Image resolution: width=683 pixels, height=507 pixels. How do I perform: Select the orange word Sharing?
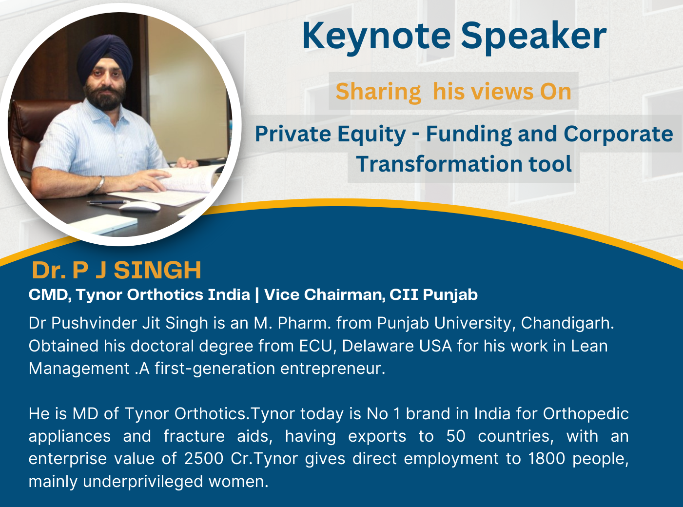pos(378,92)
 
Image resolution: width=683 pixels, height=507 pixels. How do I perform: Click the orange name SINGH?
pos(157,271)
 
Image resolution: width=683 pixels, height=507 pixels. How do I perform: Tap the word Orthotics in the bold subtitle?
pos(189,294)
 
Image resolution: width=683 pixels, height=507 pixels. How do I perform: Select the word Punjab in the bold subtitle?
pos(450,295)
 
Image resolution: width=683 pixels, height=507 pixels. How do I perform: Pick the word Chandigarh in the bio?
pos(567,324)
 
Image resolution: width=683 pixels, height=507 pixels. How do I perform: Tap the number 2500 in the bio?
pos(204,459)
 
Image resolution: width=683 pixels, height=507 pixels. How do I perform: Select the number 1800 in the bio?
pos(546,459)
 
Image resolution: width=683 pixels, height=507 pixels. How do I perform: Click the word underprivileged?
pos(143,482)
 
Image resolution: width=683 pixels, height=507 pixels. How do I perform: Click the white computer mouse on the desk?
pos(140,207)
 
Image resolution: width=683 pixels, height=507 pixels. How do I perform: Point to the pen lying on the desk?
pos(108,202)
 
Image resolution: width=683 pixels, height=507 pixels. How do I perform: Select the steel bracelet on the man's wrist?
pos(100,184)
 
